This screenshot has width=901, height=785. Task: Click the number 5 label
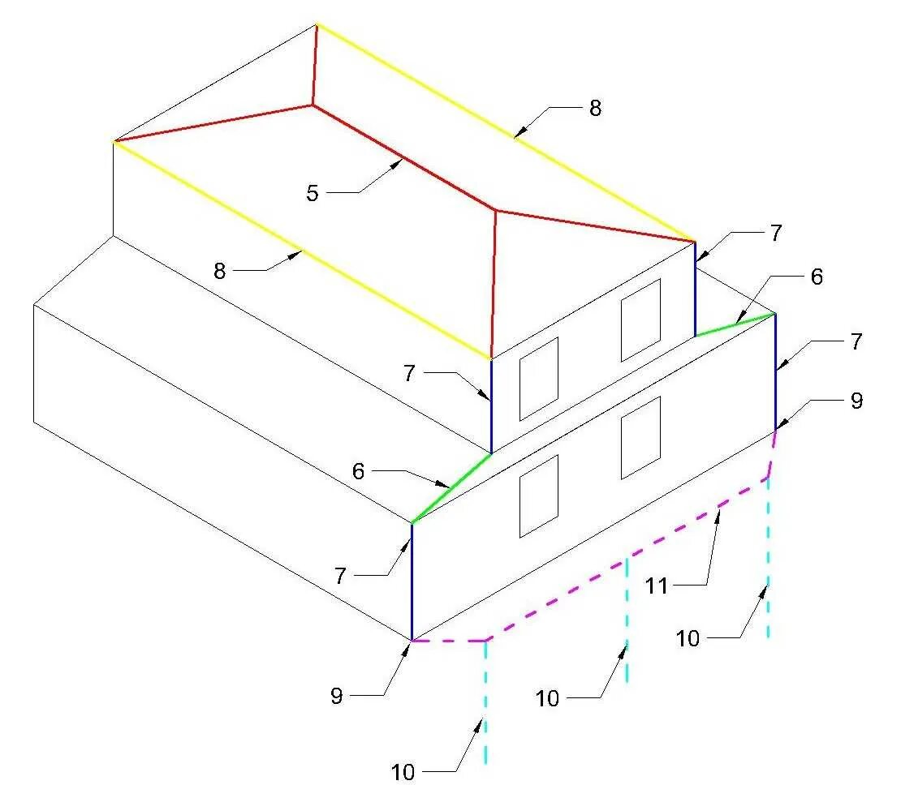click(x=312, y=193)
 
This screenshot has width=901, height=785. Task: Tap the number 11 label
click(x=657, y=585)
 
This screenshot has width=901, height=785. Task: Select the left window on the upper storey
click(x=539, y=379)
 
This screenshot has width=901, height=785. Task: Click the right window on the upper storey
click(x=640, y=320)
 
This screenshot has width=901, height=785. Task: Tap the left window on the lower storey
click(x=539, y=495)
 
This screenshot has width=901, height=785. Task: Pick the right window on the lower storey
click(x=640, y=437)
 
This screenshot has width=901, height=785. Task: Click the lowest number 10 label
click(x=403, y=772)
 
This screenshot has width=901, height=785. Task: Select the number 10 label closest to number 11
click(x=688, y=638)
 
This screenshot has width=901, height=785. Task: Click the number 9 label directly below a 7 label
click(x=856, y=401)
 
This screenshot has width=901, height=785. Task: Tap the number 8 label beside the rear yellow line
click(x=595, y=109)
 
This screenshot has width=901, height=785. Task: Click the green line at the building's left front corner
click(x=451, y=487)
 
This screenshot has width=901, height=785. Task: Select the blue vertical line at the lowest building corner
click(x=412, y=581)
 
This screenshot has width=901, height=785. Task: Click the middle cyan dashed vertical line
click(x=627, y=620)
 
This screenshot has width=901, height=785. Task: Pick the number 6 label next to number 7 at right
click(x=816, y=277)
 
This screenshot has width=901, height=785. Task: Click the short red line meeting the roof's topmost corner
click(x=315, y=65)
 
